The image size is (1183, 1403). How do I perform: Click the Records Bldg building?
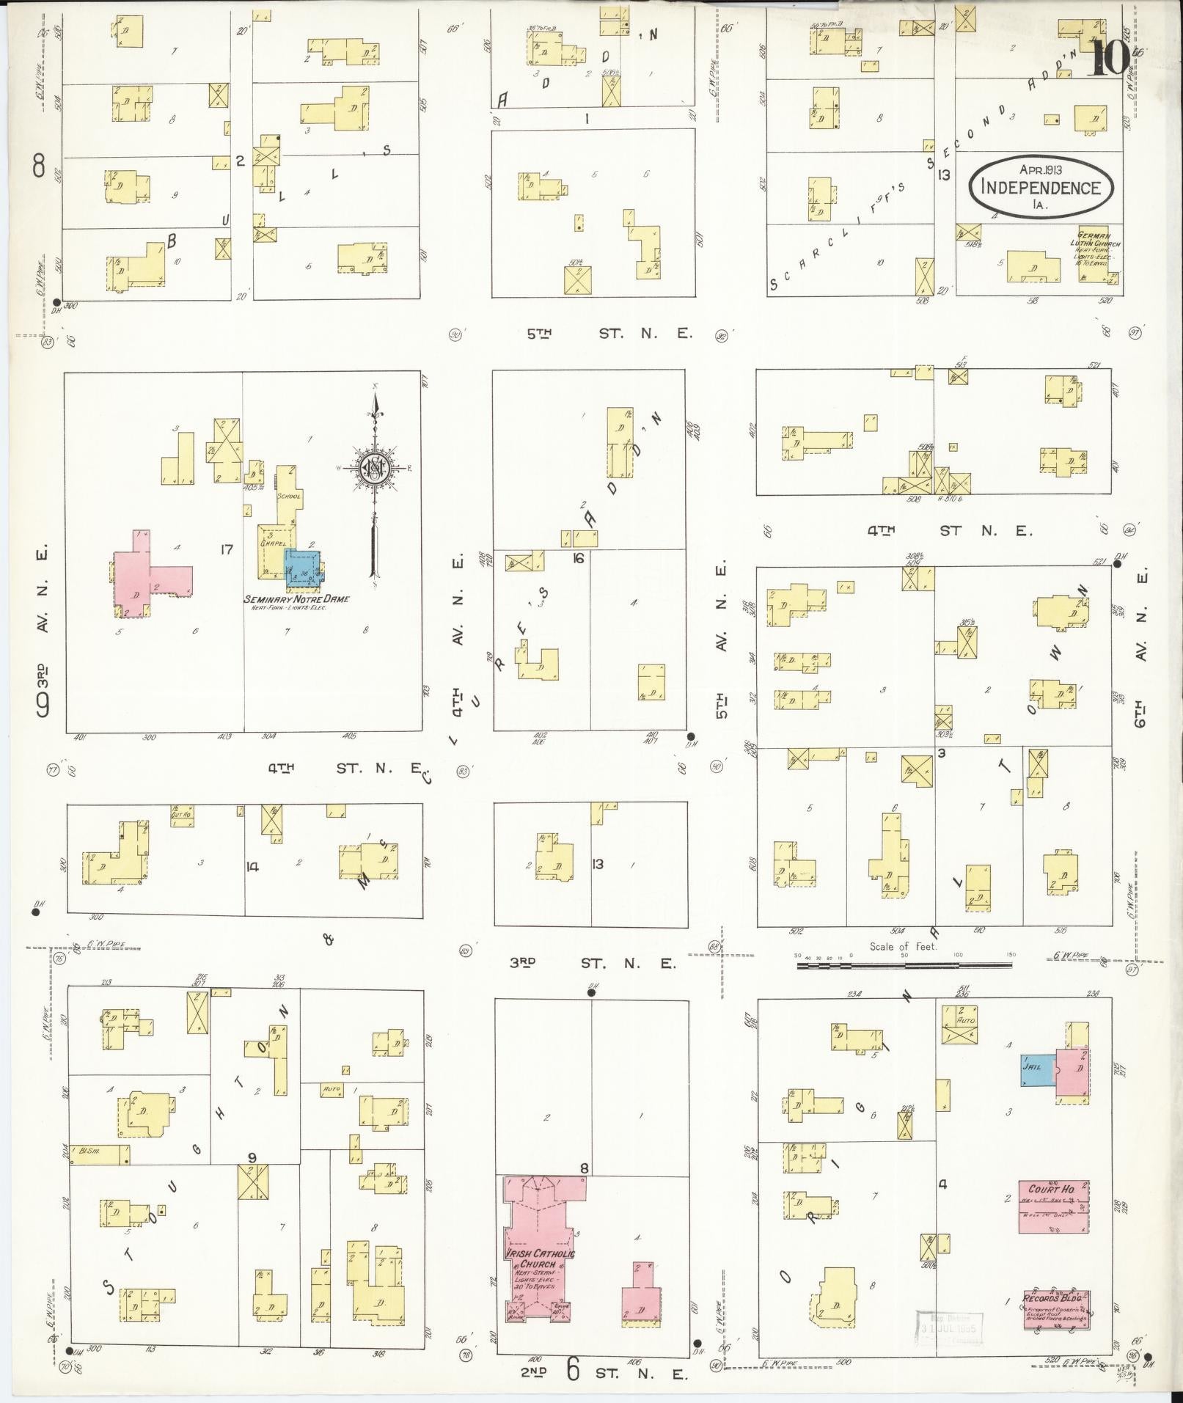1056,1310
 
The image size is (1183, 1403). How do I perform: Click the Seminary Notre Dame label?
296,599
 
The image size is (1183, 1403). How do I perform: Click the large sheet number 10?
1109,57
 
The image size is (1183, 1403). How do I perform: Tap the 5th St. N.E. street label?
608,334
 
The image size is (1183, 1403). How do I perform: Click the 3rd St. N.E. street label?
593,963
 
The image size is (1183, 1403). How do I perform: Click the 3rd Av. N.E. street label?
43,631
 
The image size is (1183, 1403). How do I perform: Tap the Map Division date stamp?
948,1325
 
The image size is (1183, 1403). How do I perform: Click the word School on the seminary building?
289,497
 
